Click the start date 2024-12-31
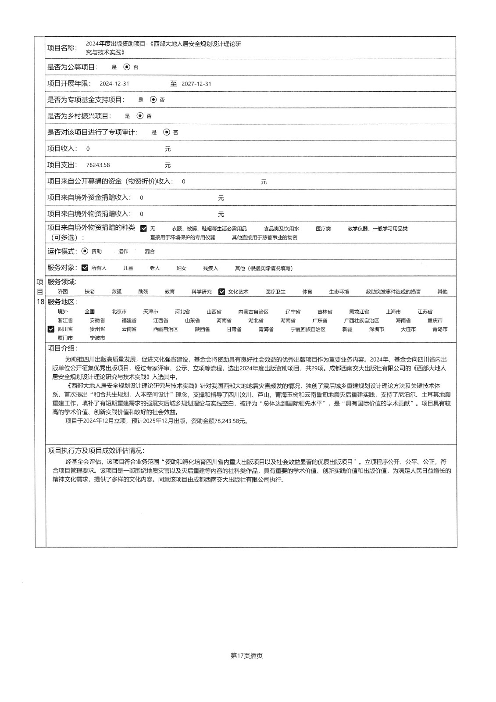tap(114, 84)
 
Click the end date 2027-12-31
tap(196, 84)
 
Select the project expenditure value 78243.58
tap(98, 165)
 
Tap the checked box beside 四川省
tap(51, 329)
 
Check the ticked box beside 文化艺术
tap(222, 292)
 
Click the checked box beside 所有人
tap(85, 268)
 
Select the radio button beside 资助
tap(85, 251)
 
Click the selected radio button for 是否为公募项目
tap(127, 67)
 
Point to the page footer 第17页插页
tap(246, 655)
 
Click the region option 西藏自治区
tap(165, 329)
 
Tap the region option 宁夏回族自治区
tap(308, 329)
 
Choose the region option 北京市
tap(119, 312)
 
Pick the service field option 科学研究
tap(201, 292)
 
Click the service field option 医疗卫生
tap(275, 292)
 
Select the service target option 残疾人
tap(211, 268)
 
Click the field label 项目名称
tap(62, 48)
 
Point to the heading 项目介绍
tap(62, 348)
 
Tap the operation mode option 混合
tap(150, 251)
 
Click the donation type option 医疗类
tap(323, 229)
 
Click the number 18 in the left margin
tap(40, 302)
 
